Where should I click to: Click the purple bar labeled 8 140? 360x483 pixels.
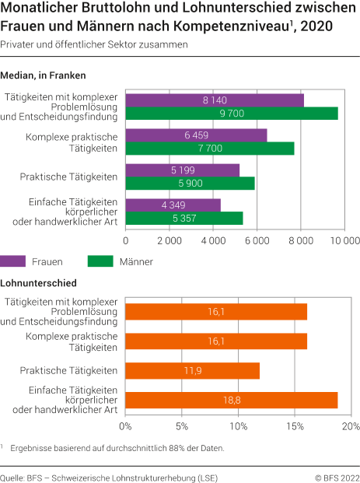point(214,100)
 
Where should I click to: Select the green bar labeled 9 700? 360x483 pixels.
point(231,114)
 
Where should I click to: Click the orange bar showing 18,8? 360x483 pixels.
point(231,401)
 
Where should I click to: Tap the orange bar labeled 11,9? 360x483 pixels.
point(192,370)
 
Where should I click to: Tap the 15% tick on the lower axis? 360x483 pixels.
point(295,427)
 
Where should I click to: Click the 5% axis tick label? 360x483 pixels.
point(181,427)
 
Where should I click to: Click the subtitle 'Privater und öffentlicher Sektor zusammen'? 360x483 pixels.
point(94,44)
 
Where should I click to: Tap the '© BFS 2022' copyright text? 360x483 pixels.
point(337,474)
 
